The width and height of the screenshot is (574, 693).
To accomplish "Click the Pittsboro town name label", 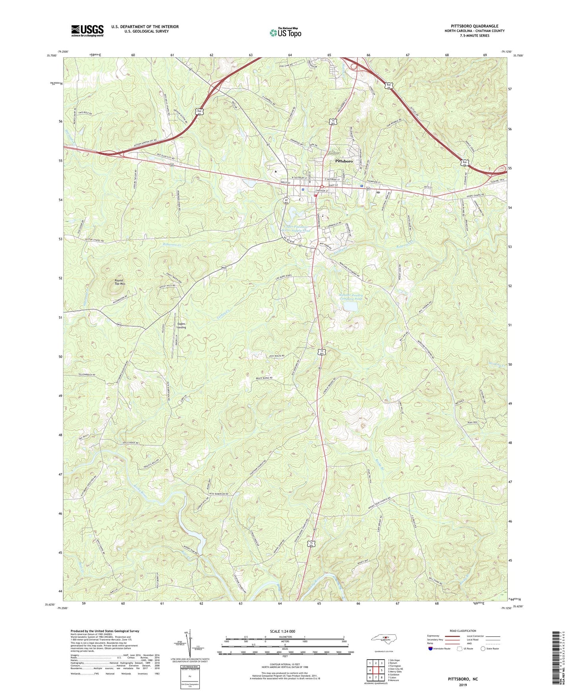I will pyautogui.click(x=344, y=162).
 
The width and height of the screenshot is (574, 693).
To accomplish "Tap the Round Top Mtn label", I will pyautogui.click(x=119, y=282).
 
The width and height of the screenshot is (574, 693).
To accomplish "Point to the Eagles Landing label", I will pyautogui.click(x=181, y=325).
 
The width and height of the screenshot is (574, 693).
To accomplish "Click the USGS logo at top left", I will pyautogui.click(x=87, y=31).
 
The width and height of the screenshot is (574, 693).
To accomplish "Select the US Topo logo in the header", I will pyautogui.click(x=286, y=33).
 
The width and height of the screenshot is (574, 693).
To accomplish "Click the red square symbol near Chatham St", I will pyautogui.click(x=315, y=195).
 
